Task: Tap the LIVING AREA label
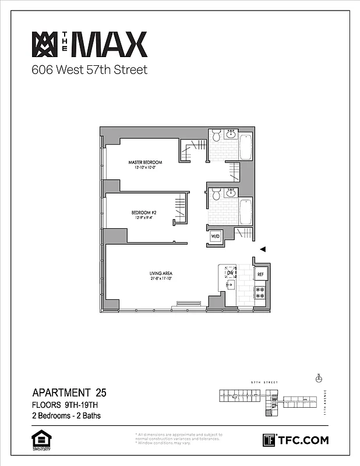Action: (x=159, y=273)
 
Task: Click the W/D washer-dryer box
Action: (x=215, y=236)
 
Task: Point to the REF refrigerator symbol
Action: (x=260, y=274)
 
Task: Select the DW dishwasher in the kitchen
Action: (x=230, y=273)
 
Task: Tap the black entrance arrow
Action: (x=263, y=249)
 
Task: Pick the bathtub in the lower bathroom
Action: (x=245, y=212)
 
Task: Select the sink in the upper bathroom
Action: (x=230, y=135)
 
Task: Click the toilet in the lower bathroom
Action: (x=216, y=194)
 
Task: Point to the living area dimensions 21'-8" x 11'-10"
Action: (x=159, y=278)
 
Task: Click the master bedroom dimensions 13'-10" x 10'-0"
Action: (x=145, y=167)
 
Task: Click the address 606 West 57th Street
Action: (x=89, y=70)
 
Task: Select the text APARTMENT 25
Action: (x=70, y=392)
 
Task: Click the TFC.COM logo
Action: (x=296, y=440)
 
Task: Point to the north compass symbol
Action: (x=318, y=378)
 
